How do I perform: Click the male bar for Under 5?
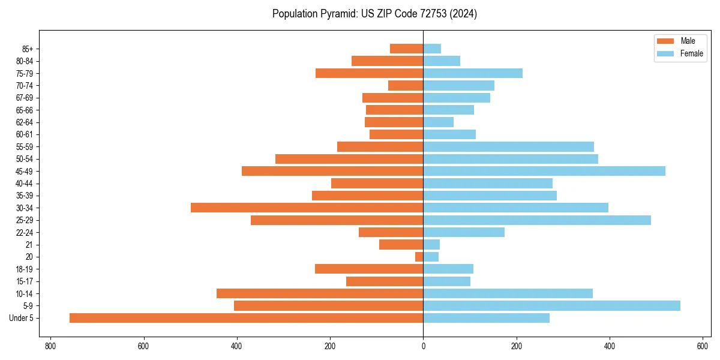(x=246, y=318)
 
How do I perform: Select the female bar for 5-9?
(x=551, y=305)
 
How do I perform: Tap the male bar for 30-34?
(x=307, y=208)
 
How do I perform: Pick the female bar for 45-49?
(x=544, y=171)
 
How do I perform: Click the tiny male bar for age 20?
(x=419, y=257)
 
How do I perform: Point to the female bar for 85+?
(x=432, y=49)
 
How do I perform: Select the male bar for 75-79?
(x=369, y=73)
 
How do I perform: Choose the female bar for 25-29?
(x=537, y=220)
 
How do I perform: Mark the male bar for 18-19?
(x=369, y=269)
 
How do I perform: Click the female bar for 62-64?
(x=438, y=122)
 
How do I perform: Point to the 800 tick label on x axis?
(x=50, y=346)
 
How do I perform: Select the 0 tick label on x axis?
(x=423, y=346)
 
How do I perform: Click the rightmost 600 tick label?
(x=703, y=346)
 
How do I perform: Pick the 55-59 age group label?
(x=25, y=146)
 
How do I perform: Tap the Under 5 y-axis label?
(x=22, y=318)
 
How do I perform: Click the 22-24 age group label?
(x=25, y=232)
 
